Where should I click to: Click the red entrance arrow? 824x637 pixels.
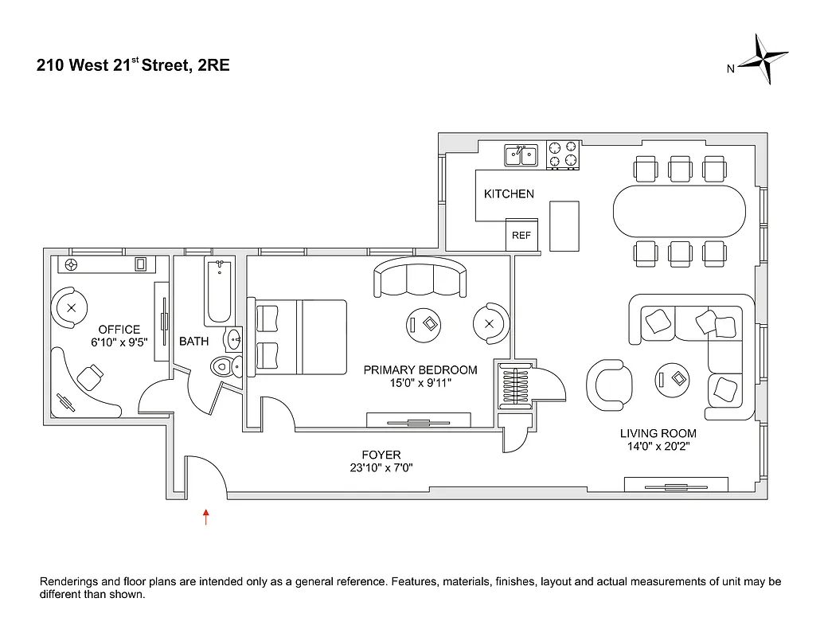[206, 517]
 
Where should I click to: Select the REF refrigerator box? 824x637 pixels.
[521, 236]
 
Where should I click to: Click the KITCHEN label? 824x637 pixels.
[509, 193]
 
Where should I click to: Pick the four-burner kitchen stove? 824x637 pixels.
[563, 155]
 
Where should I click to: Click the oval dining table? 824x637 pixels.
[679, 212]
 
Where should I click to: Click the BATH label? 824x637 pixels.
[193, 342]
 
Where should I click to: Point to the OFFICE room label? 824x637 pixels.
[119, 330]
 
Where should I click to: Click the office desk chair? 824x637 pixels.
[92, 374]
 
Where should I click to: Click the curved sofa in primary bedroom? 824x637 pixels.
[420, 277]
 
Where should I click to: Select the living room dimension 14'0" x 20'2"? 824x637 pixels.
[658, 447]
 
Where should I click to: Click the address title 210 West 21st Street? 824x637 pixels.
[133, 65]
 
